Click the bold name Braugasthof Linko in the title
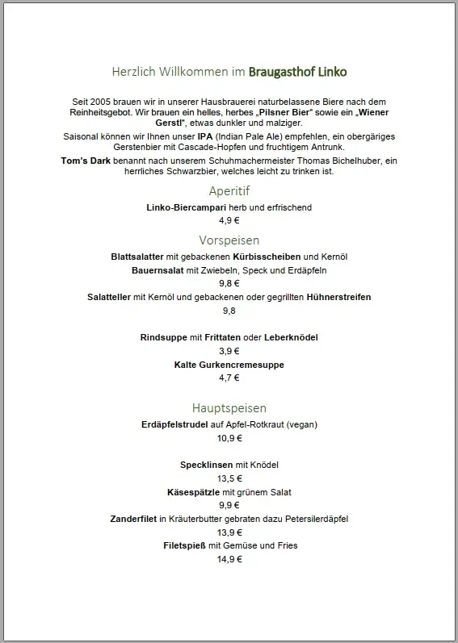coord(298,72)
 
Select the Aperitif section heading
coord(229,191)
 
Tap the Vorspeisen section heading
coord(229,240)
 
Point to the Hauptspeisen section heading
coord(229,408)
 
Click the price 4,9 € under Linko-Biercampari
coord(229,219)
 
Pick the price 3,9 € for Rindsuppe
coord(229,351)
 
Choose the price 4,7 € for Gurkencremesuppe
coord(229,378)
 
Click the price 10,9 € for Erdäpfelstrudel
coord(229,438)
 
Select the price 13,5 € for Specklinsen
coord(229,478)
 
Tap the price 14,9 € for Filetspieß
coord(229,560)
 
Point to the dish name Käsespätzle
coord(193,492)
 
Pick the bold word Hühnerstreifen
coord(338,297)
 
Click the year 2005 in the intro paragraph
coord(99,99)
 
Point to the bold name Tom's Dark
coord(83,161)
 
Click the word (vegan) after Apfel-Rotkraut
coord(302,424)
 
